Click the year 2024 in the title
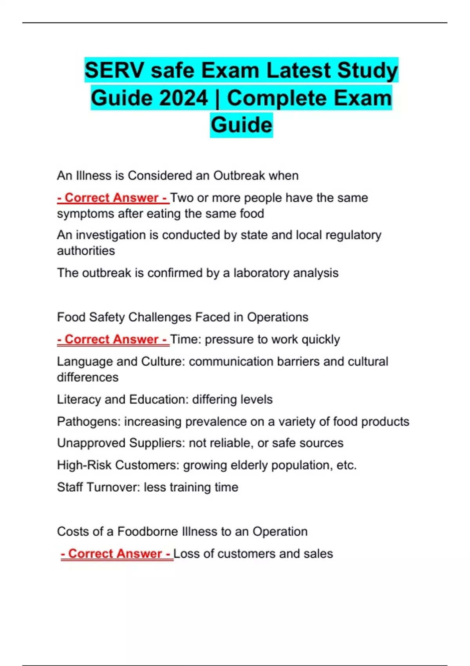tap(183, 98)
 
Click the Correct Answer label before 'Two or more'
tap(113, 198)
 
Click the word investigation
tap(117, 235)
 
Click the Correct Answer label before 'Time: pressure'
tap(113, 339)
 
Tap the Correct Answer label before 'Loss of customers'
tap(117, 554)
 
